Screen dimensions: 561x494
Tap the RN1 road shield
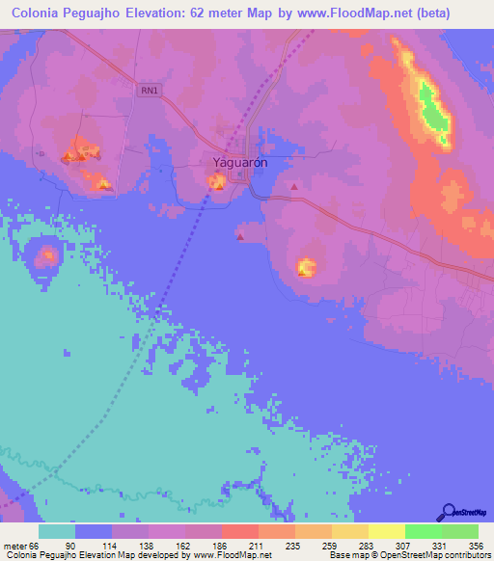[148, 90]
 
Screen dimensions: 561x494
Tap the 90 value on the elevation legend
[94, 546]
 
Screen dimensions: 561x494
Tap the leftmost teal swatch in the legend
[57, 531]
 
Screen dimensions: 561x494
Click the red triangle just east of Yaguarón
[293, 187]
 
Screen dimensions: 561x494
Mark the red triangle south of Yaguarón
[239, 236]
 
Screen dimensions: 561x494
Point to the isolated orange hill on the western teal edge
[46, 255]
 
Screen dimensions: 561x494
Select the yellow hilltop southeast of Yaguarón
[307, 266]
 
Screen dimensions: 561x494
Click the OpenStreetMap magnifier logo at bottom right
[449, 512]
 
